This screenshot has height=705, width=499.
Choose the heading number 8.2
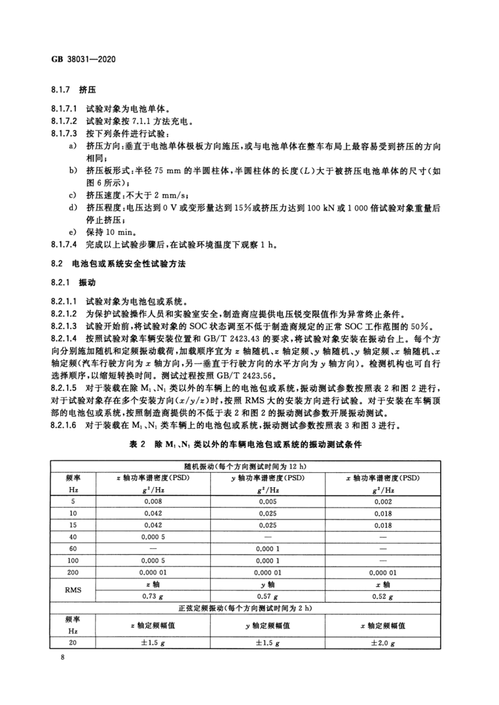(x=56, y=263)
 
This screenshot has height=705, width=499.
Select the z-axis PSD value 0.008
(x=153, y=502)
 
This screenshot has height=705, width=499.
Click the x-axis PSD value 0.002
(x=382, y=502)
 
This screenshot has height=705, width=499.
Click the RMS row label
(x=73, y=590)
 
